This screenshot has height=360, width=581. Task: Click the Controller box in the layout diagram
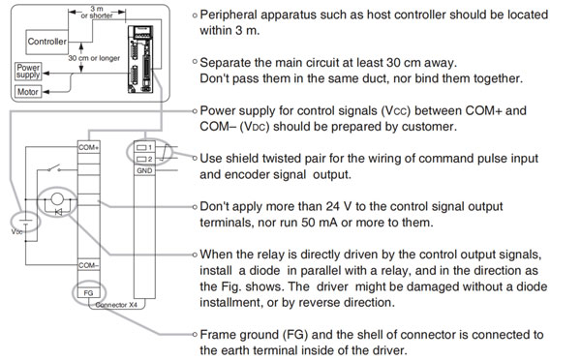(x=47, y=42)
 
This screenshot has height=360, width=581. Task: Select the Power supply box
(x=28, y=71)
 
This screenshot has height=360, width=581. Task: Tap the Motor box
(x=28, y=92)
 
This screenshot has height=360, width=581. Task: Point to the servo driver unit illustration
(x=140, y=59)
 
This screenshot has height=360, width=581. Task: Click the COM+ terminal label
(x=88, y=147)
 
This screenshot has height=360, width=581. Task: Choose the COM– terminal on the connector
(x=88, y=265)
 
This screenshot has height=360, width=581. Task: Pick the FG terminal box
(x=88, y=293)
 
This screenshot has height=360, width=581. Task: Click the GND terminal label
(x=144, y=170)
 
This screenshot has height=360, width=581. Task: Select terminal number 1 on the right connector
(x=144, y=147)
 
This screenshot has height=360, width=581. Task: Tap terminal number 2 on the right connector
(x=144, y=159)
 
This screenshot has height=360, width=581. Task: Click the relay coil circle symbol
(x=57, y=199)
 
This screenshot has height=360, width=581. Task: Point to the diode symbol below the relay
(x=58, y=212)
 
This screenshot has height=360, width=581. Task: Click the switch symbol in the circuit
(x=54, y=168)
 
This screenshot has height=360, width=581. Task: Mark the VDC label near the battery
(x=17, y=232)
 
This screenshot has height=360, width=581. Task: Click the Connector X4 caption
(x=116, y=305)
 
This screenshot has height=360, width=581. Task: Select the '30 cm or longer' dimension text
(x=94, y=58)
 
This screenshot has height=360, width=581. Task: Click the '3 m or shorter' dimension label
(x=97, y=12)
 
